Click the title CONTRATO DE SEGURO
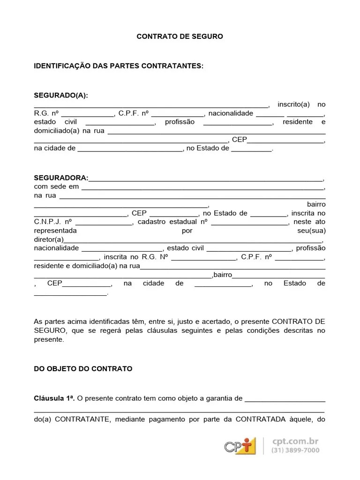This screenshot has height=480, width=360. [180, 36]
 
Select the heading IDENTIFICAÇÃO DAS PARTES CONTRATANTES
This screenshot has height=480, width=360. [119, 66]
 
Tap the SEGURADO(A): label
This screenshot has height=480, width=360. [61, 96]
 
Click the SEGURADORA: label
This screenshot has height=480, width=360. [61, 178]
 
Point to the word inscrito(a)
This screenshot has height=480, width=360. [293, 105]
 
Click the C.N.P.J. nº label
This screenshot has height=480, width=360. [52, 222]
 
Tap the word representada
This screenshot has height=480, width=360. [55, 231]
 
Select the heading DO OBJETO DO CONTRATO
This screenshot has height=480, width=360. [83, 369]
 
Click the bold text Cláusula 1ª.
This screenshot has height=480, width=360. [54, 398]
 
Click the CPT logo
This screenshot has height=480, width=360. [240, 446]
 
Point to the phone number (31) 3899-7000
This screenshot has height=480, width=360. [295, 450]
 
